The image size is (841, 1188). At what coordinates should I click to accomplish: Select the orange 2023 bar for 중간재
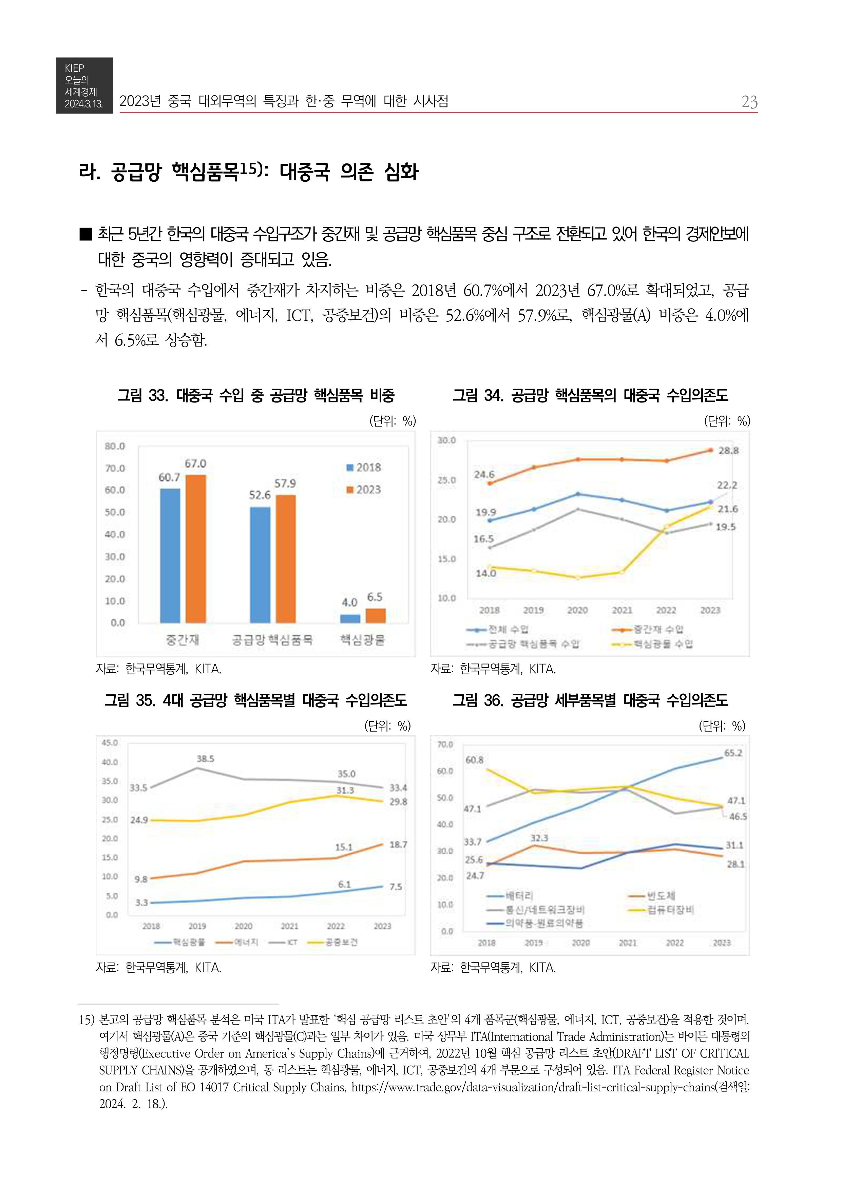point(196,549)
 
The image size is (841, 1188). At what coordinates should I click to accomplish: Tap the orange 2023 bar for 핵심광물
point(376,615)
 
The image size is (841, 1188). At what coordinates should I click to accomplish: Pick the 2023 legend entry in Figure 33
point(364,490)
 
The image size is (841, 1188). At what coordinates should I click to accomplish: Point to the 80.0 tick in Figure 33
point(114,446)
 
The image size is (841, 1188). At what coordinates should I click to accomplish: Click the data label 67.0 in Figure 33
point(195,463)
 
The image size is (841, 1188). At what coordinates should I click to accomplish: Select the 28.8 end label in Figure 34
point(728,451)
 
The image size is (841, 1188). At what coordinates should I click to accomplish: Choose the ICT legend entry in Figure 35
point(284,942)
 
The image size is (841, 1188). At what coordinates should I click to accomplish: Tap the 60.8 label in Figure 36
point(474,760)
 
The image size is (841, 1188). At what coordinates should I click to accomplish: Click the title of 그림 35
point(256,700)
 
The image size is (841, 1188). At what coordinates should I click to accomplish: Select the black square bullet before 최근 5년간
point(85,234)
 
